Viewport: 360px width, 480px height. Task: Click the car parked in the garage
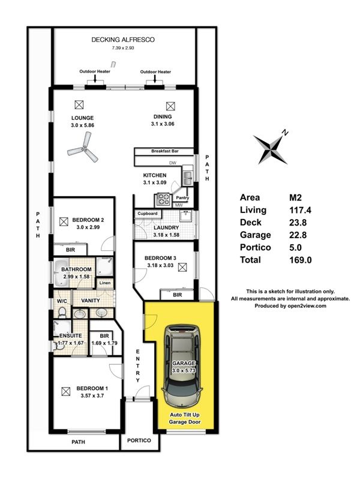tap(183, 366)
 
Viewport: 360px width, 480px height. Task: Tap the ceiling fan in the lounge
tap(84, 149)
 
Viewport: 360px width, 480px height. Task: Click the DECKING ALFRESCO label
tap(123, 40)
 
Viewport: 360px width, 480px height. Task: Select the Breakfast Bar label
tap(164, 151)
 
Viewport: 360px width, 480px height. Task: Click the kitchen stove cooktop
tap(163, 199)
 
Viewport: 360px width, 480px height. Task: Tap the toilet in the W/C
tap(62, 312)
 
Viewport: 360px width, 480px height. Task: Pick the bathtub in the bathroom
tap(62, 273)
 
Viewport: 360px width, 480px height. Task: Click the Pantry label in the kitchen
tap(182, 198)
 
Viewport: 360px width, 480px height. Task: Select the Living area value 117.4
tap(300, 210)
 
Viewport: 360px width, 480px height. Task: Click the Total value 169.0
tap(301, 260)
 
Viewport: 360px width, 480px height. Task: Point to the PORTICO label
tap(139, 440)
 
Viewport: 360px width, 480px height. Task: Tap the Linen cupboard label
tap(105, 283)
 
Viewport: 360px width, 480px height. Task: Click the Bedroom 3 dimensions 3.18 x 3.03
tap(160, 265)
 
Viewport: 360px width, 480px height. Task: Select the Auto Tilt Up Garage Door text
tap(185, 418)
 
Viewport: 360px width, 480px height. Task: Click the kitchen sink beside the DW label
tap(187, 176)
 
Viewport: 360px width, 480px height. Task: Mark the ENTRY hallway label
tap(138, 366)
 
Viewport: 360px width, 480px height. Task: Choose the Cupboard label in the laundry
tap(147, 214)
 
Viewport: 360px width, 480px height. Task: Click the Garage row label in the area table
tap(256, 235)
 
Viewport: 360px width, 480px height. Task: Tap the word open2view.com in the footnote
tap(307, 306)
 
